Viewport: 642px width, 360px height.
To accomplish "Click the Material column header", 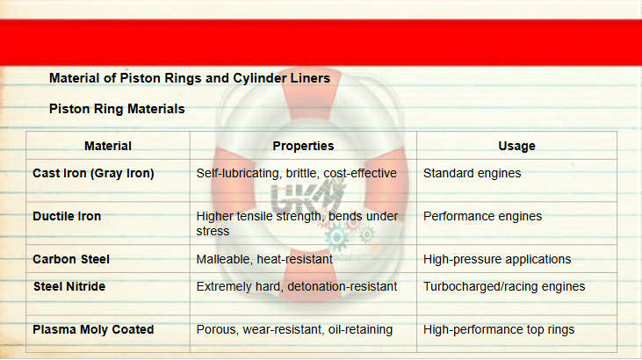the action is click(x=108, y=146).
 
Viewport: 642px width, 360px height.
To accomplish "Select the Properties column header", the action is click(x=303, y=146).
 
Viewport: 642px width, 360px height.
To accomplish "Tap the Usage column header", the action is click(x=516, y=146).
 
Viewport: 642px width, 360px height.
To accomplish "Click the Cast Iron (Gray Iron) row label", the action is click(x=93, y=173).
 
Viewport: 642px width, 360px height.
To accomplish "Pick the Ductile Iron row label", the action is click(x=67, y=216).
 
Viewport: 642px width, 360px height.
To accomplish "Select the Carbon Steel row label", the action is click(x=71, y=259).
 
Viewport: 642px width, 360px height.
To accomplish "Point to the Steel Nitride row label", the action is click(x=69, y=286).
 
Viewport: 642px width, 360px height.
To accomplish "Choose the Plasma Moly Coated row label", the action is click(x=93, y=329).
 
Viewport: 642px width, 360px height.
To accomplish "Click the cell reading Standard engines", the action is click(x=472, y=173).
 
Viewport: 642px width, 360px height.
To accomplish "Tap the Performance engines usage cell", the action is click(x=482, y=216).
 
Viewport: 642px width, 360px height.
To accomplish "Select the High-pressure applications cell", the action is click(x=497, y=259).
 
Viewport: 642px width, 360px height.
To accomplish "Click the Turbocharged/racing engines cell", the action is click(x=504, y=286).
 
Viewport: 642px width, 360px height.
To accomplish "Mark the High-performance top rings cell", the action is click(x=499, y=329).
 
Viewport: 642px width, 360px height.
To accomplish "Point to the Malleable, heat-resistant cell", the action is click(x=264, y=259).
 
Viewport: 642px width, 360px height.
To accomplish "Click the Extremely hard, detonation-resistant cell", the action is click(x=297, y=286).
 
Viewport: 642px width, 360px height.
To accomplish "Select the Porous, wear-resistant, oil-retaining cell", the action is click(x=294, y=329).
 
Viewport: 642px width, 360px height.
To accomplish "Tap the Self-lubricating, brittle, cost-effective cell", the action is click(x=297, y=173).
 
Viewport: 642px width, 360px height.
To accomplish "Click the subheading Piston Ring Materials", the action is click(x=117, y=109).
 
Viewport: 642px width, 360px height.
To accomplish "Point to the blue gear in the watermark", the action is click(x=336, y=237).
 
